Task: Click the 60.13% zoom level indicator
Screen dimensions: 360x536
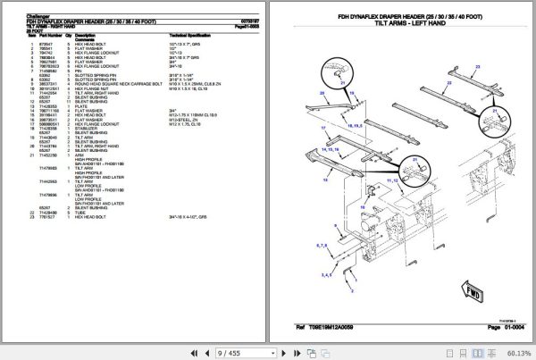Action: click(515, 352)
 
